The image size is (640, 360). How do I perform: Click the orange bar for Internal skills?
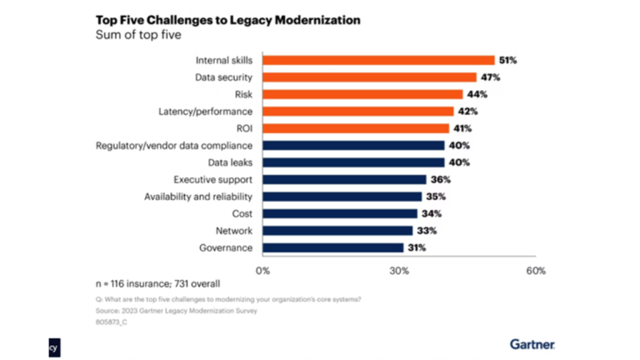tap(378, 61)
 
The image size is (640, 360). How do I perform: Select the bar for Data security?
tap(369, 77)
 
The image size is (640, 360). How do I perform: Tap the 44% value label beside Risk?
tap(477, 94)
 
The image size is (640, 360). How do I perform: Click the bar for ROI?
tap(356, 128)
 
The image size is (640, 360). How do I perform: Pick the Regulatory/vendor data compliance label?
tap(174, 146)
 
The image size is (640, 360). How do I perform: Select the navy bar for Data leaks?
tap(353, 162)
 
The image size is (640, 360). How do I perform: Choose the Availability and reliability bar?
tap(342, 196)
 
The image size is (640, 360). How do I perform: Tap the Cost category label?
tap(242, 214)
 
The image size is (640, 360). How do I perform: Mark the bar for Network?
tap(337, 231)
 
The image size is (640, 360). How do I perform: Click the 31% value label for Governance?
tap(416, 247)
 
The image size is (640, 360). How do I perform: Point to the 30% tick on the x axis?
tap(399, 271)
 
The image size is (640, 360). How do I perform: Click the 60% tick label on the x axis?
tap(536, 271)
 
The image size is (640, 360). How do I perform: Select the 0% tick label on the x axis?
tap(263, 271)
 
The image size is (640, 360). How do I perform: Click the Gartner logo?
tap(532, 344)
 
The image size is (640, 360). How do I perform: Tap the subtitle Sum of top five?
tap(138, 35)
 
